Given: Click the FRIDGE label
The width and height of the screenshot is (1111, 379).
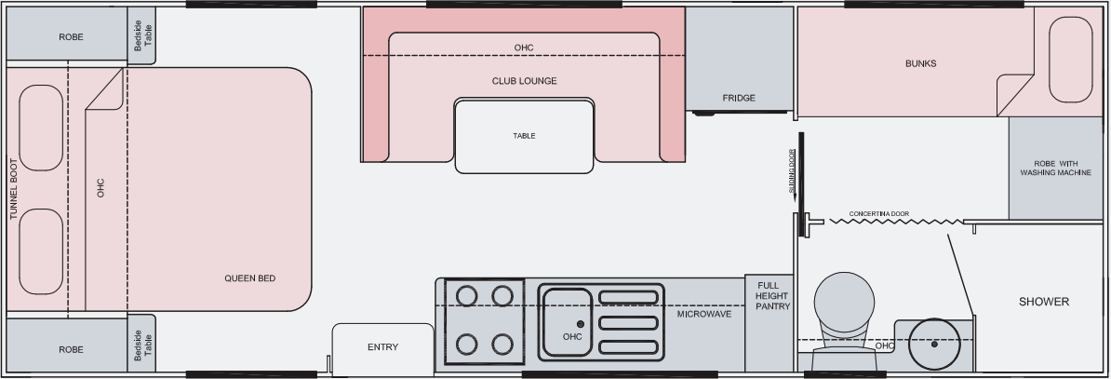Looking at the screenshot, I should [x=739, y=98].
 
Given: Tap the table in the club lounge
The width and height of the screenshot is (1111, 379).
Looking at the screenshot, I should [x=524, y=136].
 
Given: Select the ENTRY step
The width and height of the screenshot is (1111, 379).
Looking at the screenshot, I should [x=382, y=347].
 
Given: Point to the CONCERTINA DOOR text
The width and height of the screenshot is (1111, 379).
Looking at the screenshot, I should [x=879, y=213].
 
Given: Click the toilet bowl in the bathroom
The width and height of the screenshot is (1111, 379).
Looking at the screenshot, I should [x=844, y=300].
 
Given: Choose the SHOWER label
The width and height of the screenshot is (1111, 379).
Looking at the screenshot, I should [x=1043, y=302].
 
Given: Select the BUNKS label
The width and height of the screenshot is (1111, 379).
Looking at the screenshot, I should [x=920, y=63].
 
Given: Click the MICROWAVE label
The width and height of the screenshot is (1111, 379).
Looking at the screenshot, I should [x=703, y=314].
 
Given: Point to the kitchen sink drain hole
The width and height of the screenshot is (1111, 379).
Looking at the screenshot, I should [x=580, y=323].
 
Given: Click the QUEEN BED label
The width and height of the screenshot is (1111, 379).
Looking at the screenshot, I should [x=250, y=278].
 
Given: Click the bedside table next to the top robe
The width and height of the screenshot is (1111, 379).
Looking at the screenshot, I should [x=141, y=38].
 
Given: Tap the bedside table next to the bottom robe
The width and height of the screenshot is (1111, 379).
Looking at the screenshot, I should [x=141, y=345].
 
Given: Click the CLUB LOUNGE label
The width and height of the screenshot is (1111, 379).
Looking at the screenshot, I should [x=524, y=81].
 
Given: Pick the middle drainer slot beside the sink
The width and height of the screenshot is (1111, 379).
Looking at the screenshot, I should [x=630, y=322].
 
